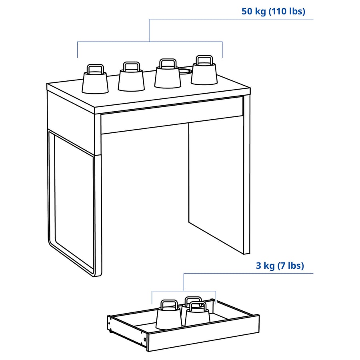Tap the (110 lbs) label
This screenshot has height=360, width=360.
(x=287, y=11)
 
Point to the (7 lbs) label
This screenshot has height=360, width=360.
(x=291, y=266)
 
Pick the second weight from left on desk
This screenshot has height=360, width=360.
(x=131, y=80)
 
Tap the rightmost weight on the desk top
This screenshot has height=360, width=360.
(x=204, y=74)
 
